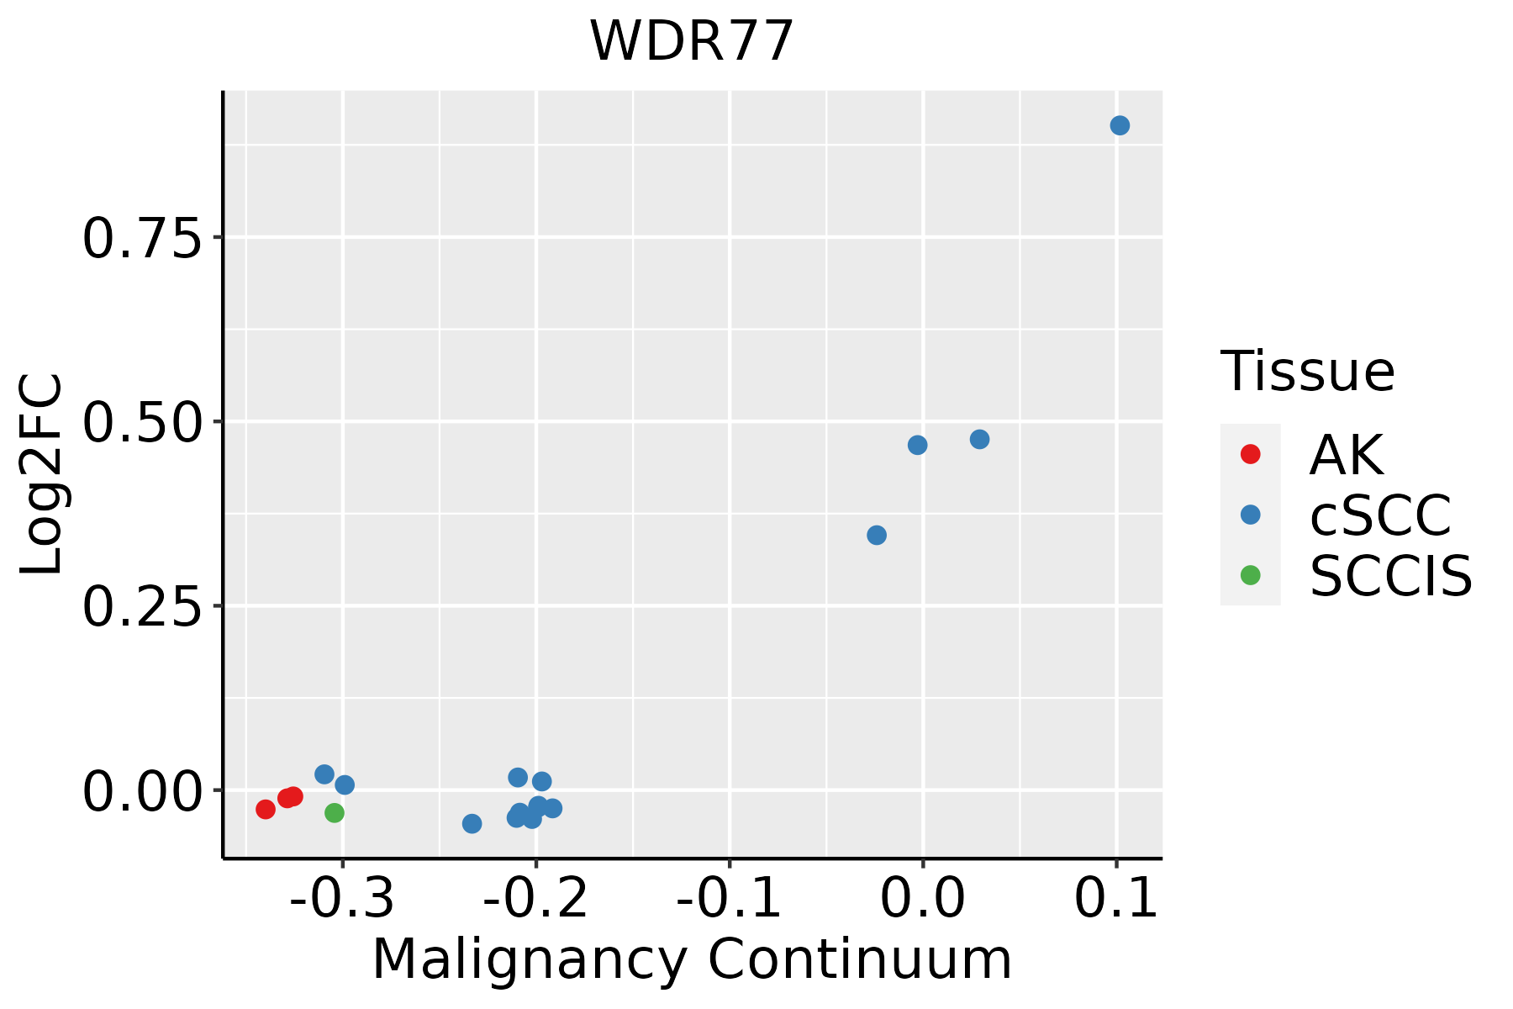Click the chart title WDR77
click(692, 41)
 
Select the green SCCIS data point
click(335, 813)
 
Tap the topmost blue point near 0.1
click(1120, 126)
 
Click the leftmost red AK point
click(266, 810)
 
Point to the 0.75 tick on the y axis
click(143, 239)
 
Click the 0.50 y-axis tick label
click(143, 423)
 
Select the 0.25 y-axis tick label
click(143, 607)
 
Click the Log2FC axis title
click(42, 474)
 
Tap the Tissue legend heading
click(1307, 371)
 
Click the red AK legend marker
click(1251, 454)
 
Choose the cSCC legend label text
click(1380, 515)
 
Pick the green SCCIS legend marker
click(1251, 575)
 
